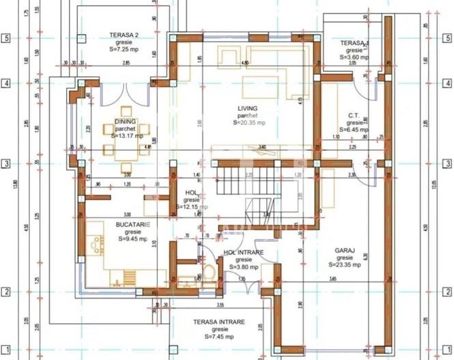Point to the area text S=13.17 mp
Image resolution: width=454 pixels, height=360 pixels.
point(126,136)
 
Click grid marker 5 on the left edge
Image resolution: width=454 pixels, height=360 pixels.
point(7,38)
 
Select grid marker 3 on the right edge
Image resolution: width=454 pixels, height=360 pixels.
point(447,164)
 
